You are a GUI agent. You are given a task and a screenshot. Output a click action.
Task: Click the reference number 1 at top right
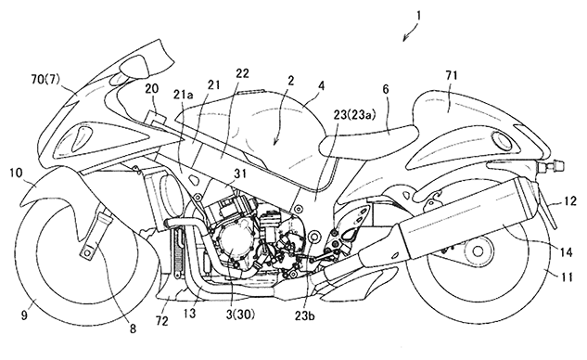coord(418,16)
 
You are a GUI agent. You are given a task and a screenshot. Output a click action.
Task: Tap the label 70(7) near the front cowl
coord(45,80)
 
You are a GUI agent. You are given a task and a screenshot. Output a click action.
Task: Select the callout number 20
coord(152,89)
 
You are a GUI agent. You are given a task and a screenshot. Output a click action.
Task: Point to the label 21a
coord(183,96)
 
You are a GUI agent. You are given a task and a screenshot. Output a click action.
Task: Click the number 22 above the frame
coord(241,73)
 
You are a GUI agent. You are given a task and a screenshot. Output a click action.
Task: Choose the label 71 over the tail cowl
coord(451,75)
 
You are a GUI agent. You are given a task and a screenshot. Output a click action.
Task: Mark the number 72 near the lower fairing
coord(162,321)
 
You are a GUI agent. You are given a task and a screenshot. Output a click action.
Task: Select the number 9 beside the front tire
coord(24,315)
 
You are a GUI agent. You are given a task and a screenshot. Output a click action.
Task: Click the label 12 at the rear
coord(571,202)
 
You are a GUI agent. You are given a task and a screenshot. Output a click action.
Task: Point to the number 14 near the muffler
coord(566,252)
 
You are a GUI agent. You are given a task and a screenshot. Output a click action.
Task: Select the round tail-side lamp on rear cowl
coord(501,140)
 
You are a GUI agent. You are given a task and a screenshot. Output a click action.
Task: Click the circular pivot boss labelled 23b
coord(313,237)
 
